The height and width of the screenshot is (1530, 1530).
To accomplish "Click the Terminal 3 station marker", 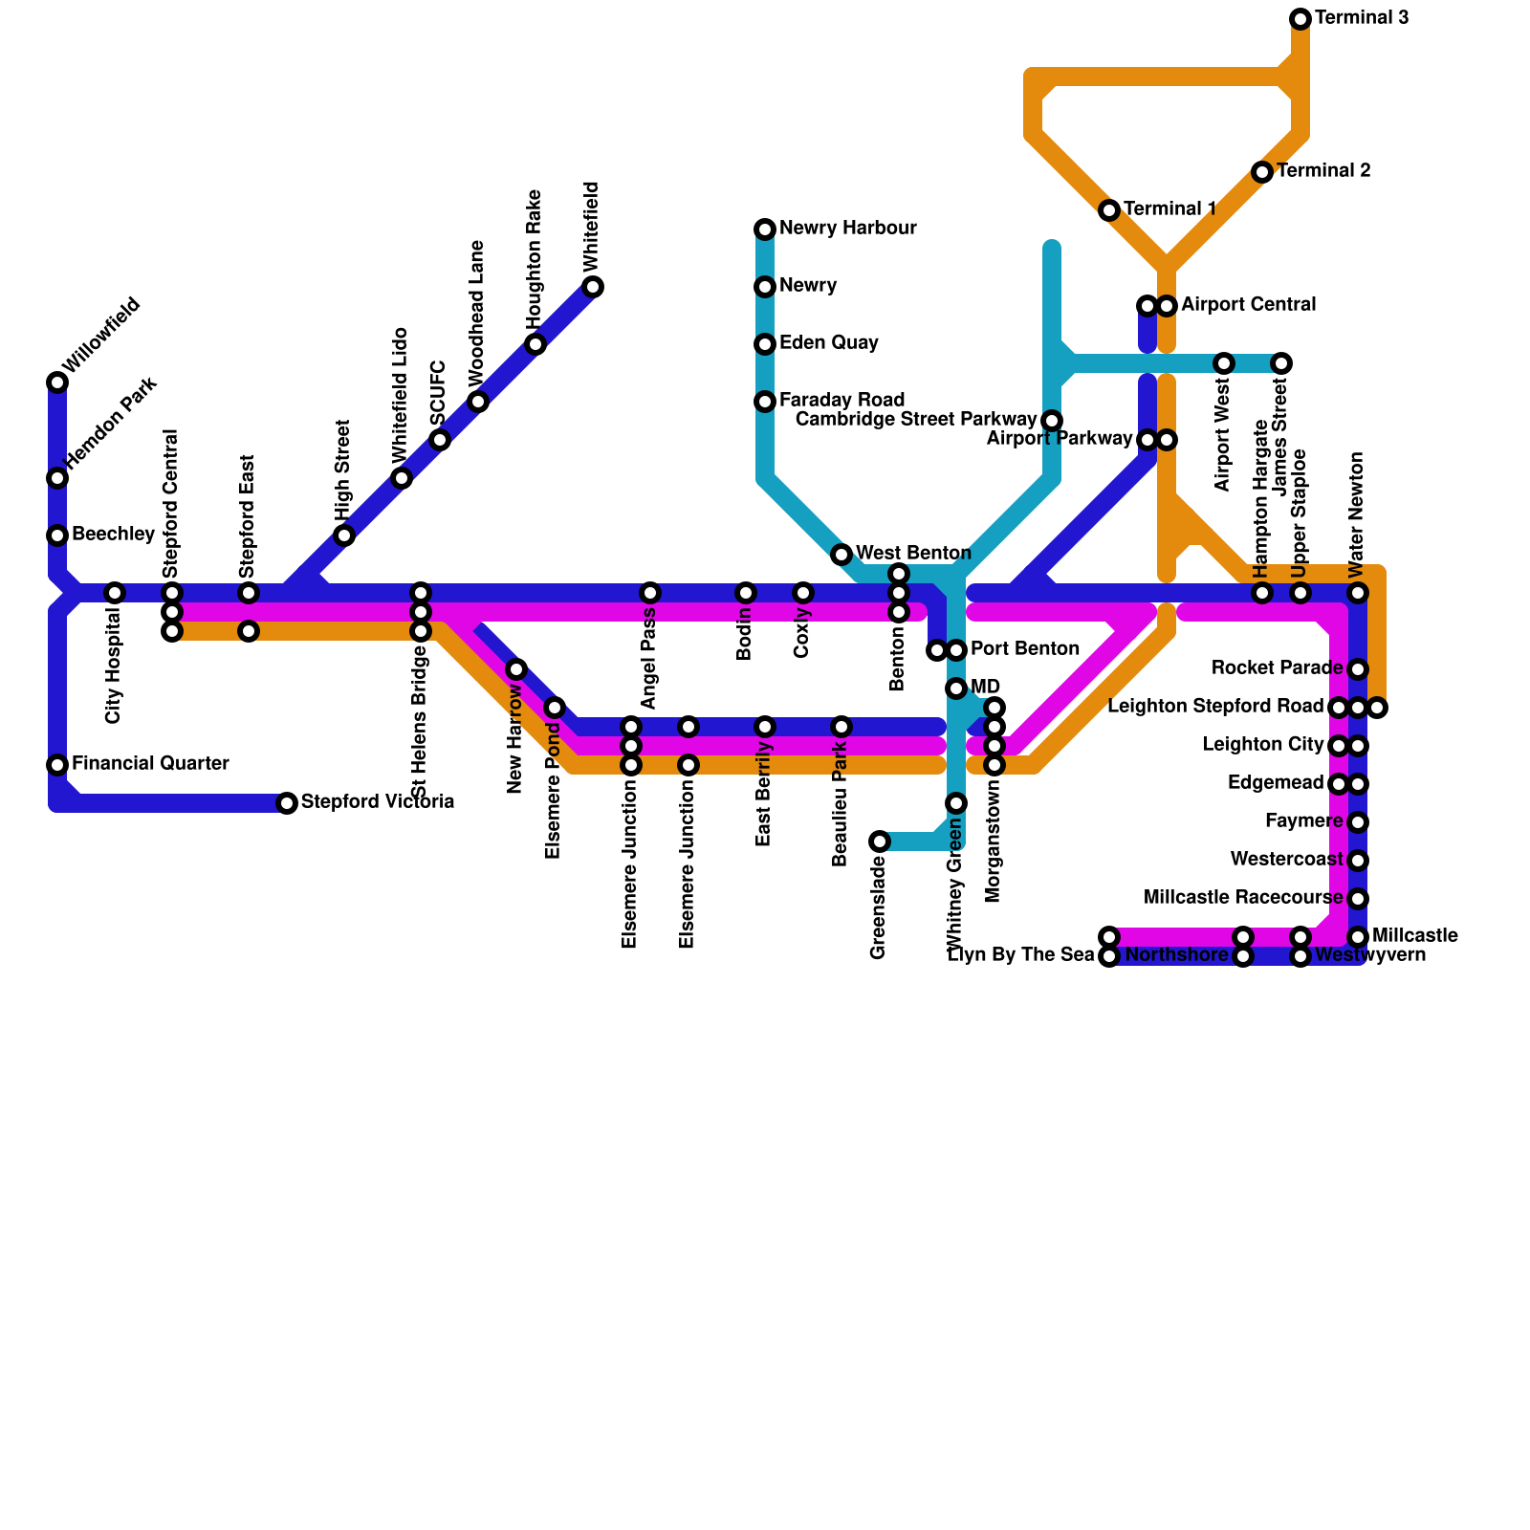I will point(1300,19).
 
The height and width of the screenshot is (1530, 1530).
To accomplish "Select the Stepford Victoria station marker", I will point(287,803).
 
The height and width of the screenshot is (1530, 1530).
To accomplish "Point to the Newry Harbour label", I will point(847,229).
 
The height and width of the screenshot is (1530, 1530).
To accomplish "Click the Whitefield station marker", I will point(593,287).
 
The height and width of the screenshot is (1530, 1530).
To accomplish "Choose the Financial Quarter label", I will point(150,764).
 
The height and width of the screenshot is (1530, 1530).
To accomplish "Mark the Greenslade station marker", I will point(880,841).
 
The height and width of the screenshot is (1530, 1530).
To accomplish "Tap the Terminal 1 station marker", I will point(1109,210).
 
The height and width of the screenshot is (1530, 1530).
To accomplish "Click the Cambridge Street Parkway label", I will point(916,420).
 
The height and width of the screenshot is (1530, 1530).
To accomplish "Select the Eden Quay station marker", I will point(765,344).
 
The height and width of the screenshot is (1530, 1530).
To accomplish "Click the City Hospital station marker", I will point(115,593).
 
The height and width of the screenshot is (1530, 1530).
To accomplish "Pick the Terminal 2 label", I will point(1323,171).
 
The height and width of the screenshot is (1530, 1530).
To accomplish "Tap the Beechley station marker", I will point(57,535).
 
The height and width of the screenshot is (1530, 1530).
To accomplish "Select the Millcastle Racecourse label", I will point(1243,898).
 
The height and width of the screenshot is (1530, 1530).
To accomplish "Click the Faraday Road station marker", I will point(765,402).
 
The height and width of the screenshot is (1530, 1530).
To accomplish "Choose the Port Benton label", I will point(1025,649).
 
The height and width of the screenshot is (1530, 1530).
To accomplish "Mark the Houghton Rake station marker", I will point(535,344).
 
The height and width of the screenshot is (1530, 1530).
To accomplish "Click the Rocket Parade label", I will point(1277,668).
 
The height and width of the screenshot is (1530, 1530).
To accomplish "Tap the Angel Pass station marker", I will point(650,593).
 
